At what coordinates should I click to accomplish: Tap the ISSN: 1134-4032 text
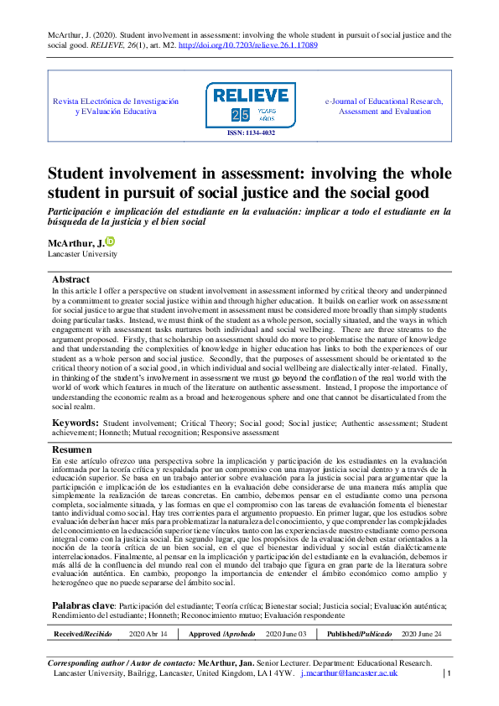pyautogui.click(x=250, y=132)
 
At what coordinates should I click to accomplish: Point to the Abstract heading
pyautogui.click(x=70, y=279)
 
